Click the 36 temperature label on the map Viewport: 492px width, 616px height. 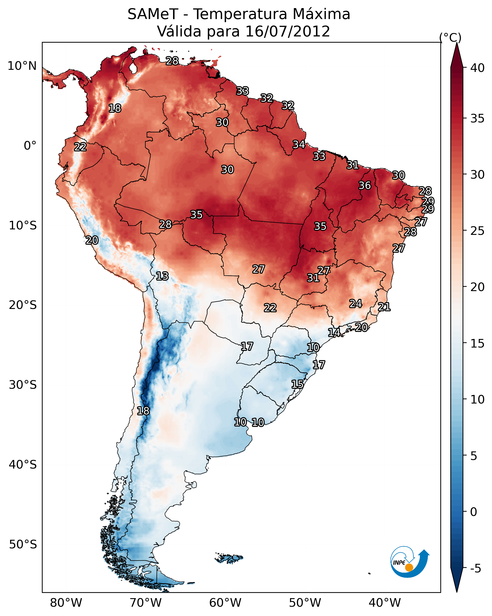365,185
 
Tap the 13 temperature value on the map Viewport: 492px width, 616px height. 162,276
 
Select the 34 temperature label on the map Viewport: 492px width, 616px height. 299,144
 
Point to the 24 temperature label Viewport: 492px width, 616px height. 356,303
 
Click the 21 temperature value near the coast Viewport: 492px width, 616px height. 384,307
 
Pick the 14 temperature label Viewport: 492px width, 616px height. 334,332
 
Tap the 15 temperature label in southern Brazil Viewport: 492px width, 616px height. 297,384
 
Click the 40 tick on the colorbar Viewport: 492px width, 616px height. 477,68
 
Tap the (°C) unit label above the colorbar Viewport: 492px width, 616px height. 450,37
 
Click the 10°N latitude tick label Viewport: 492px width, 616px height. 22,66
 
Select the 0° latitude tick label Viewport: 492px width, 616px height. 30,146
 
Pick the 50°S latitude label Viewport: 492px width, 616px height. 23,545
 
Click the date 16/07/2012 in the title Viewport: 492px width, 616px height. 288,31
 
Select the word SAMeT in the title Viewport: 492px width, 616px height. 153,14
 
